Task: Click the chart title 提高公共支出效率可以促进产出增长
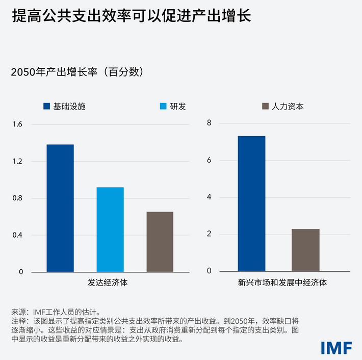pyautogui.click(x=131, y=16)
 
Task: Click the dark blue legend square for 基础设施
pyautogui.click(x=46, y=107)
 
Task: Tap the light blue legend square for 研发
pyautogui.click(x=163, y=107)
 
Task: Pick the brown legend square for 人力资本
pyautogui.click(x=265, y=107)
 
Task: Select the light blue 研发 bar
pyautogui.click(x=110, y=229)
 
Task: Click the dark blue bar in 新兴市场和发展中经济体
pyautogui.click(x=251, y=203)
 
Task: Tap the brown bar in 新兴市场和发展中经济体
pyautogui.click(x=305, y=250)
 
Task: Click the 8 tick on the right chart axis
pyautogui.click(x=209, y=123)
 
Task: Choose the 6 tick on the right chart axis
pyautogui.click(x=209, y=160)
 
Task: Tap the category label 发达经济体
pyautogui.click(x=110, y=282)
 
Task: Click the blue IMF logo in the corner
pyautogui.click(x=336, y=347)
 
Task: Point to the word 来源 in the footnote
pyautogui.click(x=18, y=312)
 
